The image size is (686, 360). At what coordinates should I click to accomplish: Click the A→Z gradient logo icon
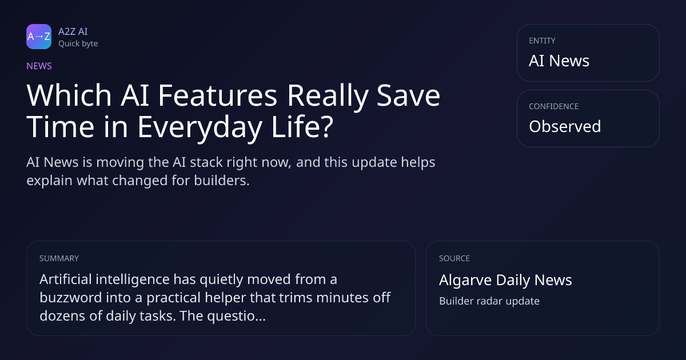[39, 37]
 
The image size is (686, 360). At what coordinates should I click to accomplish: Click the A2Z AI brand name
[73, 31]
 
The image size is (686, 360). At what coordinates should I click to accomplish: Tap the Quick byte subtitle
[78, 44]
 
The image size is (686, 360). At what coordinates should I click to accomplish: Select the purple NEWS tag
[39, 66]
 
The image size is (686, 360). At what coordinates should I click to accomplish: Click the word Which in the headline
[69, 95]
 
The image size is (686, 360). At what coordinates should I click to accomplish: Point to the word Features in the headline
[217, 95]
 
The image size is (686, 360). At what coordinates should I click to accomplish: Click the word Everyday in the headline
[200, 127]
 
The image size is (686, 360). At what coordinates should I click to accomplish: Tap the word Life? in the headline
[302, 126]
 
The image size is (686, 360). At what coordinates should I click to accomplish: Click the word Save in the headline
[408, 95]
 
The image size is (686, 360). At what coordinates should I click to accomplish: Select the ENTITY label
[542, 41]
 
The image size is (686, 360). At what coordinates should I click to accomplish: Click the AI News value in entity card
[559, 61]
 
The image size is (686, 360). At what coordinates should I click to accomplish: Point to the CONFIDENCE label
[554, 106]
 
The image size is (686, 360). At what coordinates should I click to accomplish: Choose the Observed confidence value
[565, 126]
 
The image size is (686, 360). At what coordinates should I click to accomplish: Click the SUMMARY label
[59, 258]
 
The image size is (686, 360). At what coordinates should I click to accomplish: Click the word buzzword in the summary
[71, 298]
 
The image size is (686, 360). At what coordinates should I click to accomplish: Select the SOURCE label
[454, 258]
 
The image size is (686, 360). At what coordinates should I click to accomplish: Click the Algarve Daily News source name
[505, 280]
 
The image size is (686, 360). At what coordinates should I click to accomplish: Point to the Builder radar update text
[489, 301]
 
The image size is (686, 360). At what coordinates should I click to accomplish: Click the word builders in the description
[222, 181]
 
